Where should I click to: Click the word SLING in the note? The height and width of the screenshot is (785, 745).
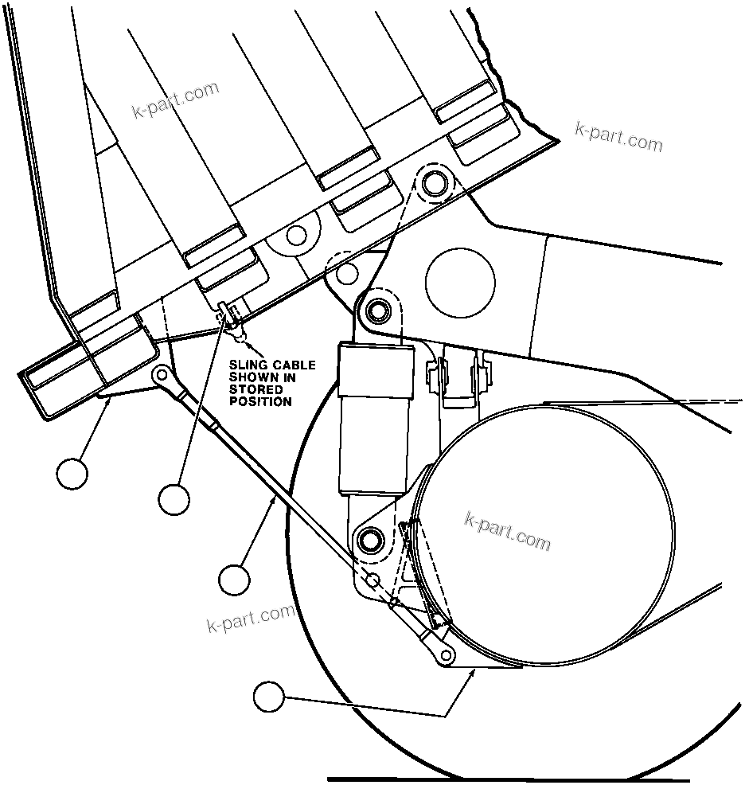click(248, 365)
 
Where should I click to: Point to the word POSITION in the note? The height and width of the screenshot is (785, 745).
click(260, 402)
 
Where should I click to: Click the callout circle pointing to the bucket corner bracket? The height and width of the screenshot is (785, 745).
click(72, 473)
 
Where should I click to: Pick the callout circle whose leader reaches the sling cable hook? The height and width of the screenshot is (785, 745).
click(174, 499)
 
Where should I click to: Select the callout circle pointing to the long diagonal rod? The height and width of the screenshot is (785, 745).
click(234, 579)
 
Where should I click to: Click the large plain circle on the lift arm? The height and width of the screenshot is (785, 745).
click(460, 281)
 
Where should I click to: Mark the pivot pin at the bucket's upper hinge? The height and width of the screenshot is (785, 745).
click(434, 184)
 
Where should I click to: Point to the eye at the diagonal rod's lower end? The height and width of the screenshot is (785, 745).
click(447, 654)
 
